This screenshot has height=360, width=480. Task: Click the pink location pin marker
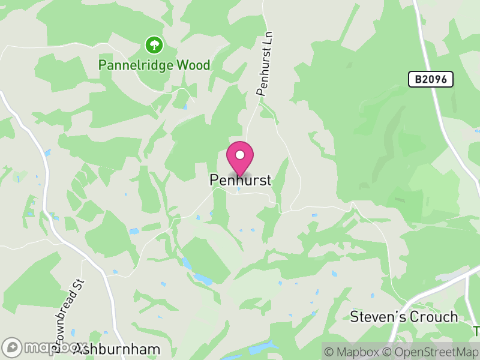coord(240,157)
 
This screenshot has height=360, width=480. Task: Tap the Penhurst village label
coord(241,180)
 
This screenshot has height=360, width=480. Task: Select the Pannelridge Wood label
coord(155,65)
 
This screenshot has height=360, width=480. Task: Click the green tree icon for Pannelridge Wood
coord(154,44)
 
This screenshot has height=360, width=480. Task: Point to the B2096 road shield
coord(430,79)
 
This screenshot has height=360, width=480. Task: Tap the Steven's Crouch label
coord(404,316)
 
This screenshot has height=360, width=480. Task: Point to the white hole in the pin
coord(240,155)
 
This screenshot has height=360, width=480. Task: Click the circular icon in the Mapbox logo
coord(11,347)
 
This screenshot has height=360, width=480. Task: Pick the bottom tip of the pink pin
coord(240,176)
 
